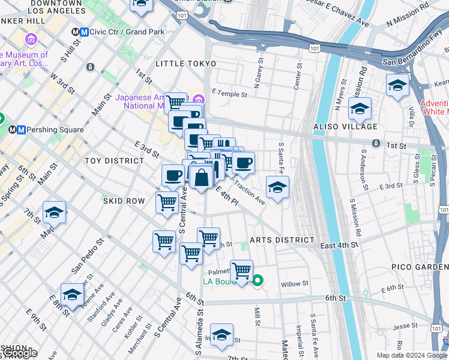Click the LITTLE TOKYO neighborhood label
click(x=185, y=63)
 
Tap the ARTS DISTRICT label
click(x=282, y=240)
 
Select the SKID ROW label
click(x=124, y=201)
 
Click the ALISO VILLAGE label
click(x=345, y=127)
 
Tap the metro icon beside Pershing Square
click(x=20, y=130)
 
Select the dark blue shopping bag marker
click(x=202, y=177)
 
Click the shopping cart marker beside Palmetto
click(x=241, y=271)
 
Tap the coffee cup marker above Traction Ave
click(x=243, y=163)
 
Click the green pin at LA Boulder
click(x=258, y=280)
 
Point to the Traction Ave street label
click(x=249, y=191)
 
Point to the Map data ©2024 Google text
click(x=412, y=355)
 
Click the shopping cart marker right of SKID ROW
click(x=166, y=202)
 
